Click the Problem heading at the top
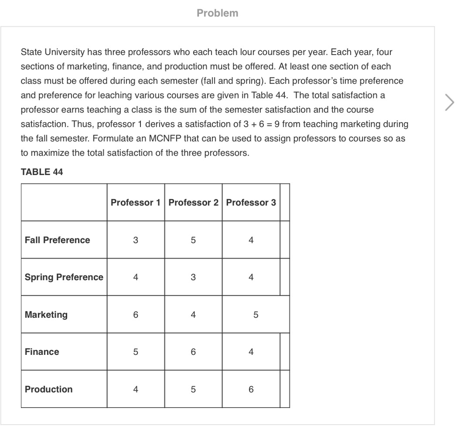click(217, 13)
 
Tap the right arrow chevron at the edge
click(449, 102)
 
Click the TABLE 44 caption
click(42, 172)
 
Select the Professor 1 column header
click(136, 202)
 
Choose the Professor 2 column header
click(193, 202)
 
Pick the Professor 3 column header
click(251, 202)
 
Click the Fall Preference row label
click(57, 240)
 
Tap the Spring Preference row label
click(64, 277)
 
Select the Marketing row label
click(46, 315)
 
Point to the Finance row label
click(42, 352)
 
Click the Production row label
click(49, 389)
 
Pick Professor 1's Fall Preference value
click(136, 240)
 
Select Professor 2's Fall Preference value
click(193, 240)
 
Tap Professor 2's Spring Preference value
click(193, 277)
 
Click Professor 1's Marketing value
click(136, 315)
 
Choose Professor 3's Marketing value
click(255, 315)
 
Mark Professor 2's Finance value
click(193, 352)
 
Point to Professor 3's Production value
click(251, 389)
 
